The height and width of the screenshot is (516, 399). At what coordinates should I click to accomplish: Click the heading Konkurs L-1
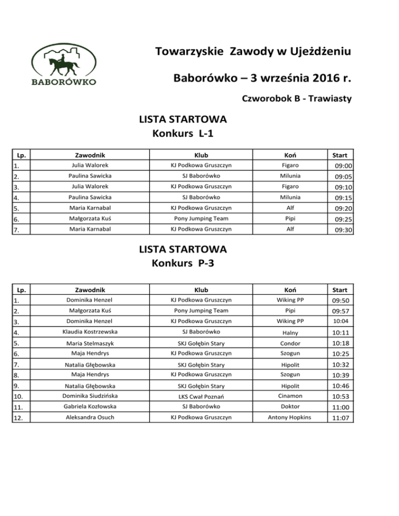point(183,134)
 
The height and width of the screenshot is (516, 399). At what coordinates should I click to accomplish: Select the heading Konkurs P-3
point(183,264)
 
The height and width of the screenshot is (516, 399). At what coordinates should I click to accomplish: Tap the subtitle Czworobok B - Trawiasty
point(297,99)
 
